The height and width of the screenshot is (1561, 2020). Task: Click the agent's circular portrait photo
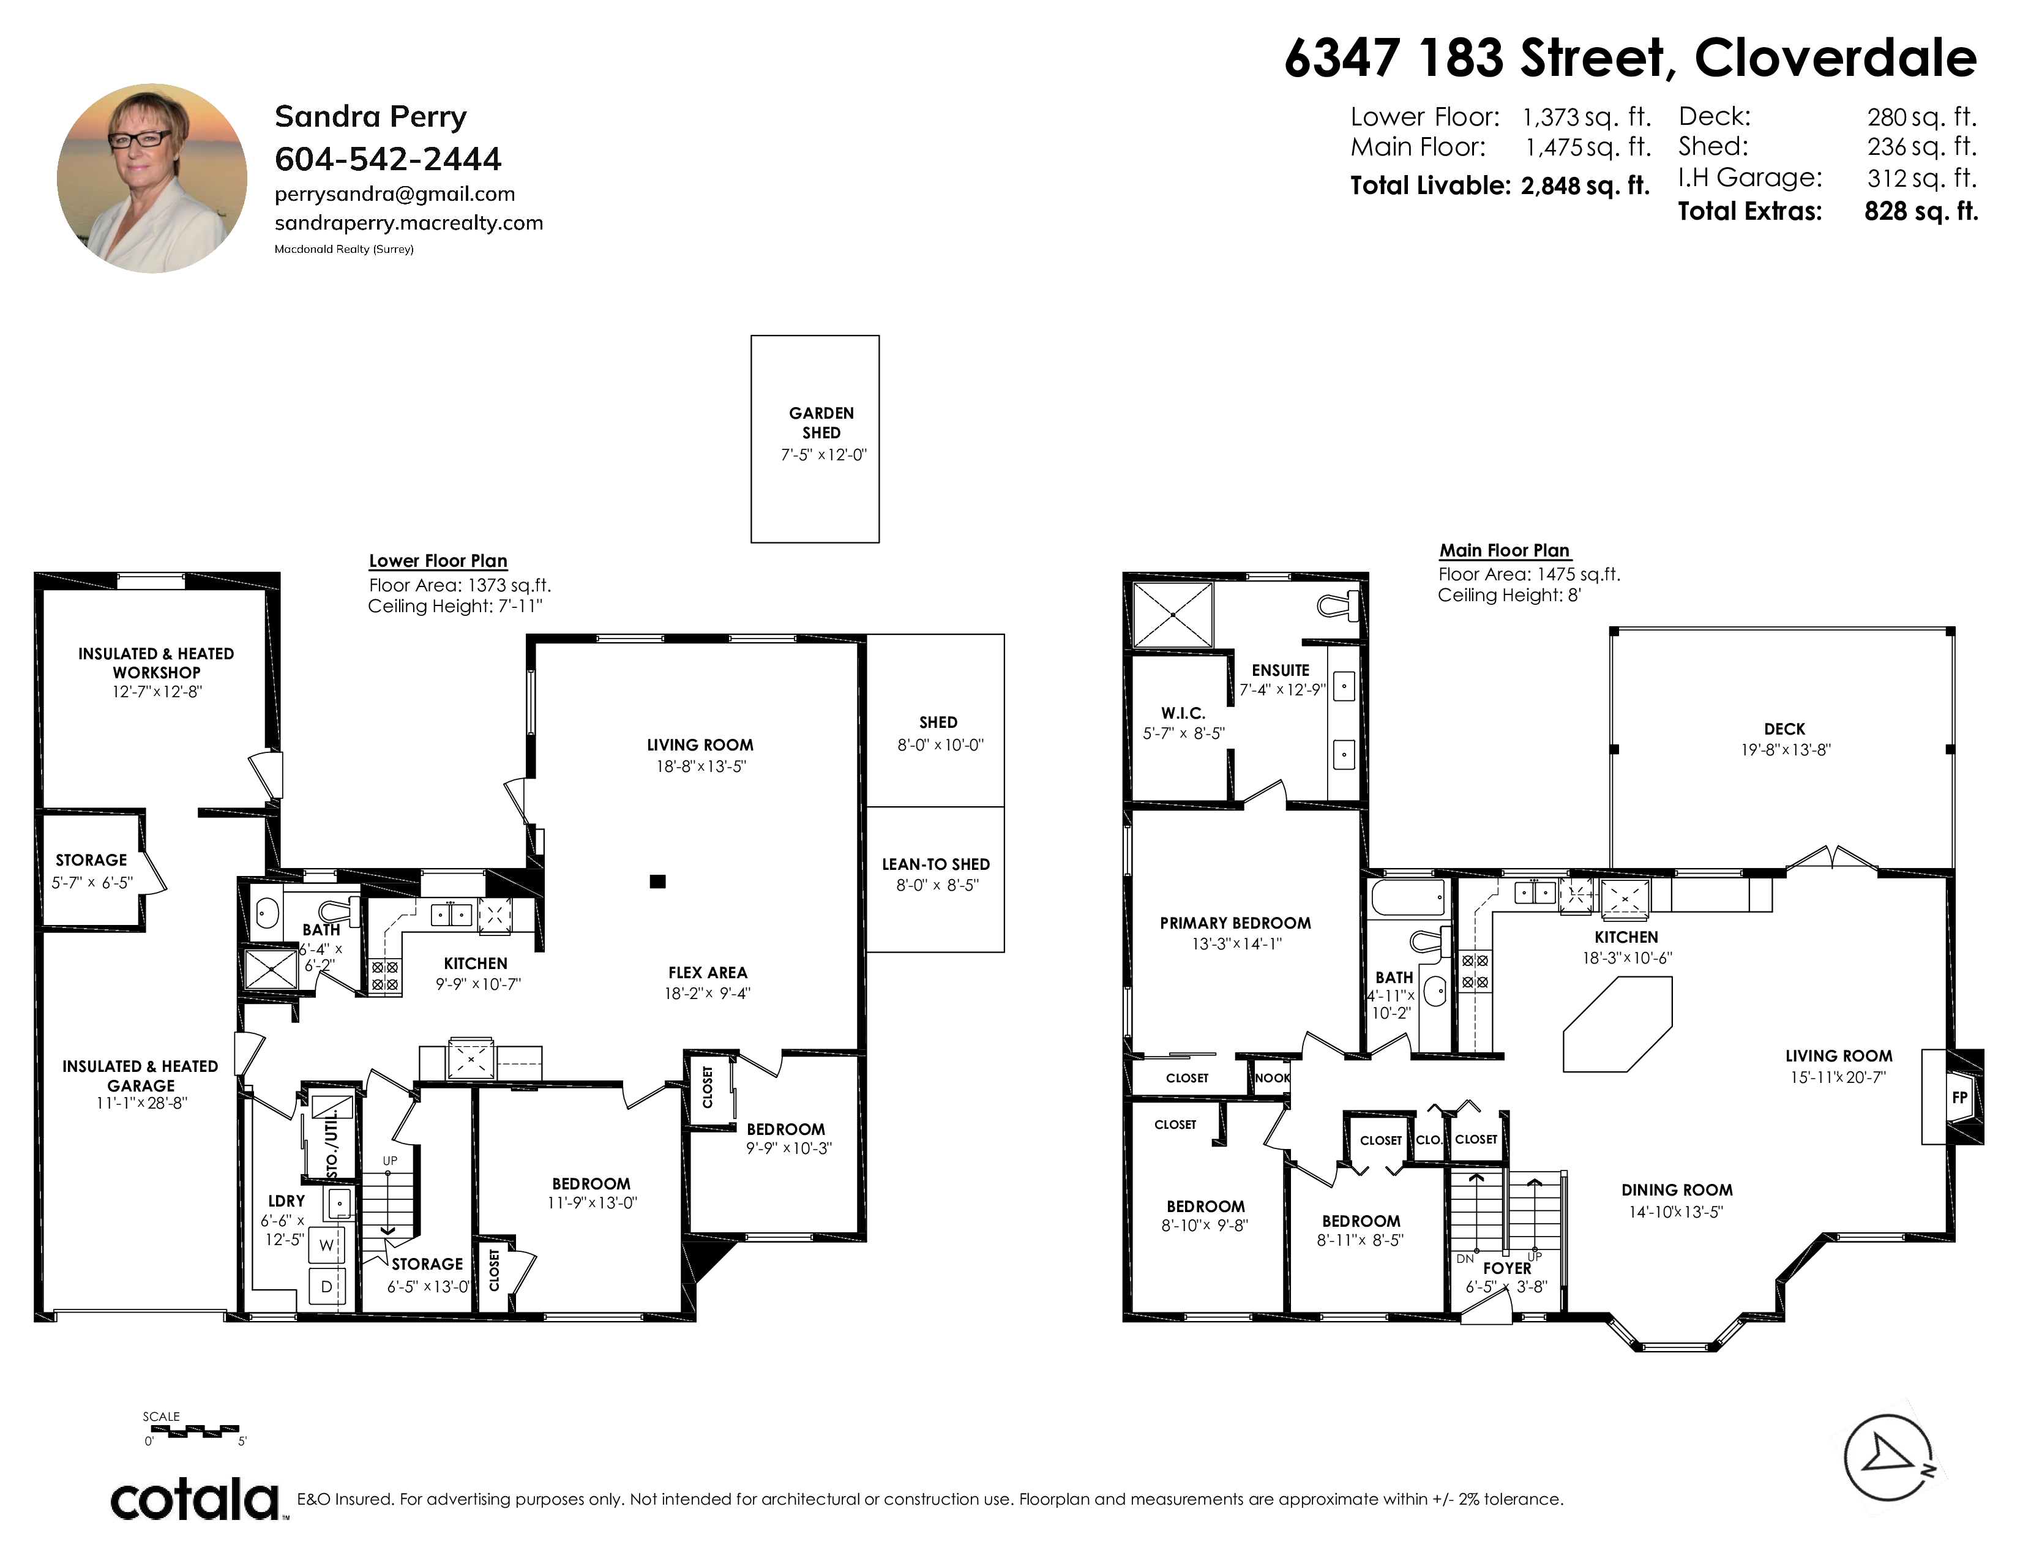(152, 179)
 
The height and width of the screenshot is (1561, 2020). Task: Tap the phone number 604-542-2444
(389, 159)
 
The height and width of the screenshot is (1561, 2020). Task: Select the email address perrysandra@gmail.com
(395, 194)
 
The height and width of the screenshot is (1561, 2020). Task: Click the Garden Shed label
(821, 422)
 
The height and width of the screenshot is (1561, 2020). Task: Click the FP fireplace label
(1959, 1098)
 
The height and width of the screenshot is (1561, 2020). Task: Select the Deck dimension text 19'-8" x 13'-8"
(1785, 750)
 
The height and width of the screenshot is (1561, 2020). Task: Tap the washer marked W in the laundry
(326, 1245)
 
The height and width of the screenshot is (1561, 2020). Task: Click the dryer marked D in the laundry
(326, 1286)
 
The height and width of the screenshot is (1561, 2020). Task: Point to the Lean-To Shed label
(936, 864)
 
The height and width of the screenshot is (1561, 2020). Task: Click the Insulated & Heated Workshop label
(156, 663)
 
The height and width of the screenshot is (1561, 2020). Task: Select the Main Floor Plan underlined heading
(1505, 550)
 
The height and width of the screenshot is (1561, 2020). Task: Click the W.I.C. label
(1184, 714)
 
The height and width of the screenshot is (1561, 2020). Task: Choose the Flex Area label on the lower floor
(708, 973)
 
